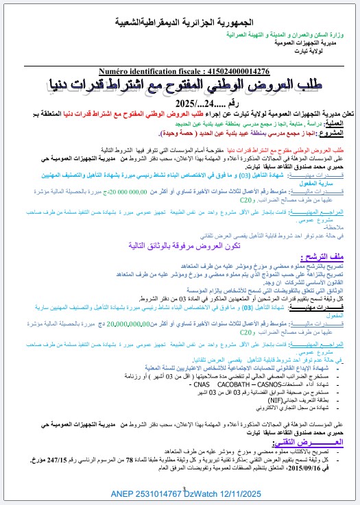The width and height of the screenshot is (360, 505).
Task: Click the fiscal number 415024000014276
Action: coord(235,71)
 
